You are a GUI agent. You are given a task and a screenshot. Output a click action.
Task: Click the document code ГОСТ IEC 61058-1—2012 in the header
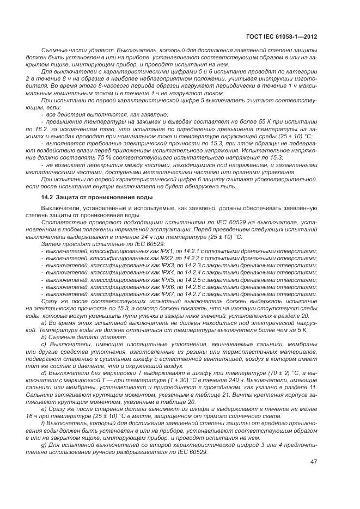pos(283,38)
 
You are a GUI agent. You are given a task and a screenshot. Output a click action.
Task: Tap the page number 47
pos(313,462)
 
